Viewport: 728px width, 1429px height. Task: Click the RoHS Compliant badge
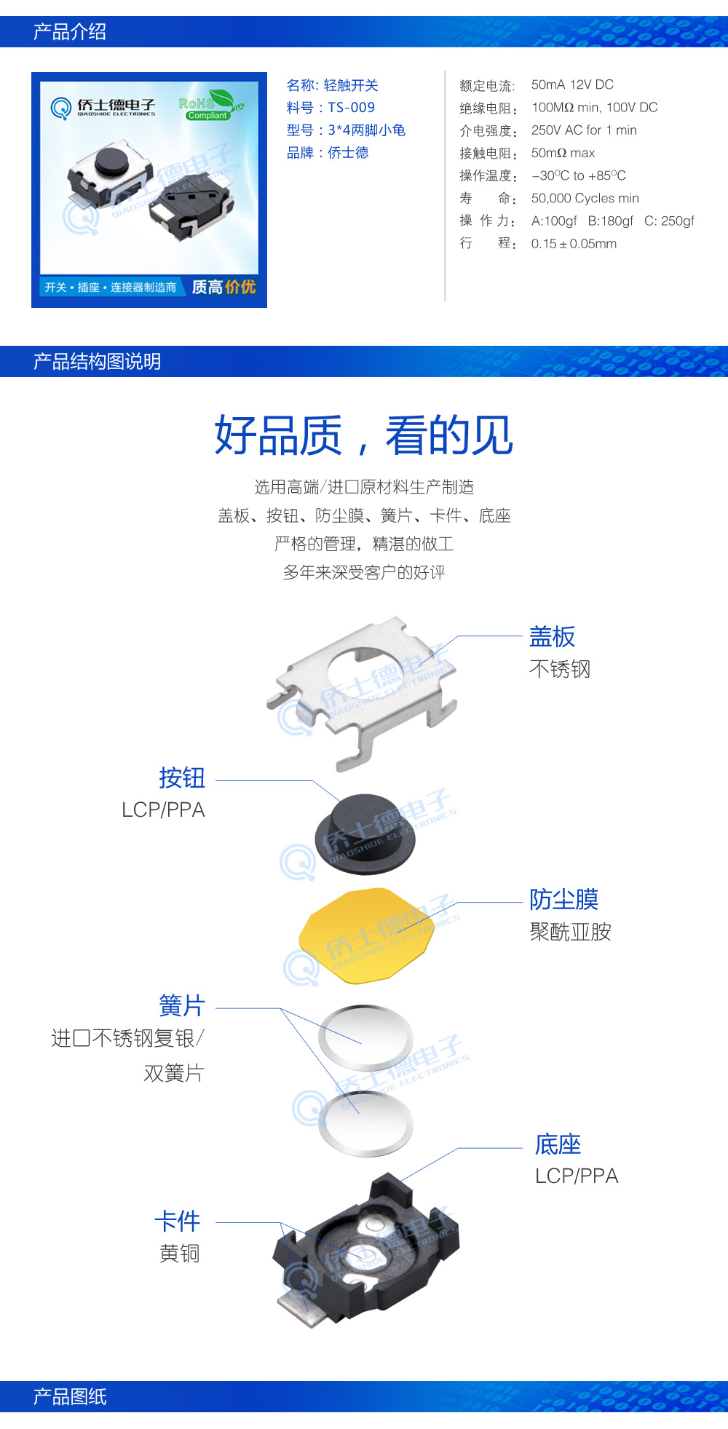pos(209,106)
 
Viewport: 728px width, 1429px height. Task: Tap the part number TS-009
pos(351,108)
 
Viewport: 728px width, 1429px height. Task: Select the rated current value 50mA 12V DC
pos(572,84)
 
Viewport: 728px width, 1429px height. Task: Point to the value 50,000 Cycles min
pos(585,198)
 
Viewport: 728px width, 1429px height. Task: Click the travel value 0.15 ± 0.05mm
pos(574,244)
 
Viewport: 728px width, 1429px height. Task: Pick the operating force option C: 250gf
pos(669,221)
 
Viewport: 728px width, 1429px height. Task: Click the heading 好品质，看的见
pos(363,435)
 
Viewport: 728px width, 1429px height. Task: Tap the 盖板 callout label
pos(552,637)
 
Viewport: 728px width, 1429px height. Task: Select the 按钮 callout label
pos(182,777)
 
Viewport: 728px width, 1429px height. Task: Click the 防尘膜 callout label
pos(563,899)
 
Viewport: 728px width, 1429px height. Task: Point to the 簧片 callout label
pos(182,1006)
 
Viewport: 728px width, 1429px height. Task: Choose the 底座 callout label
pos(558,1144)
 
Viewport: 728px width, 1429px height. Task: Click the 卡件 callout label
pos(178,1221)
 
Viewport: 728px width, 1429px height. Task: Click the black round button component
pos(365,834)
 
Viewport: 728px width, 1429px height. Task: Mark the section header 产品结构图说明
pos(97,362)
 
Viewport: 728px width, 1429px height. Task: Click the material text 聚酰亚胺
pos(570,932)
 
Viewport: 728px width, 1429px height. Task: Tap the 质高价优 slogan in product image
pos(223,287)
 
